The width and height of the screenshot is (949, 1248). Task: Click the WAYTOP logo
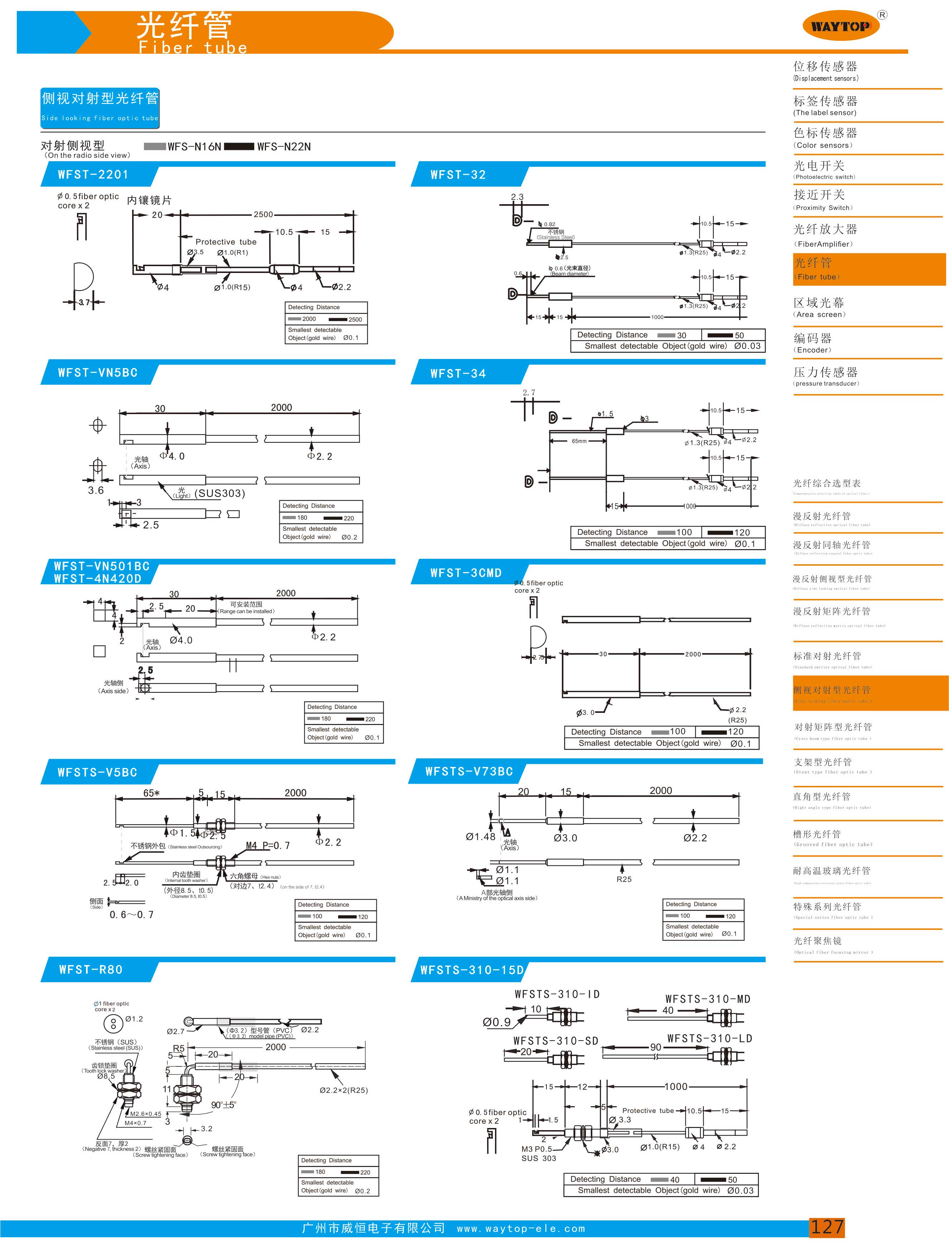840,26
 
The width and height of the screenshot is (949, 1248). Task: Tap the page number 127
827,1227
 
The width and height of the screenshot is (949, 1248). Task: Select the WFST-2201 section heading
93,174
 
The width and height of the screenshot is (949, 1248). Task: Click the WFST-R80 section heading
91,969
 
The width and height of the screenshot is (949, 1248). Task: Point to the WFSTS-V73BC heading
469,771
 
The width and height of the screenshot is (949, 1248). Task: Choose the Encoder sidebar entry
813,342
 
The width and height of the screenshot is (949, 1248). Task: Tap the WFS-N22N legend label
284,147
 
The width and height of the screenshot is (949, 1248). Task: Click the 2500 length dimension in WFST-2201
263,215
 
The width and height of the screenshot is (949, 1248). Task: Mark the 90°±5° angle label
224,1104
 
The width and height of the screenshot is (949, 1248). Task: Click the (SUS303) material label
220,493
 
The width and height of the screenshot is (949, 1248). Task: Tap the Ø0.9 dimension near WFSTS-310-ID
497,1022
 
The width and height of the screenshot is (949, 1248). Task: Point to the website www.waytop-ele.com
521,1229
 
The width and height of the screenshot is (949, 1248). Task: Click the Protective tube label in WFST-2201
225,242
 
